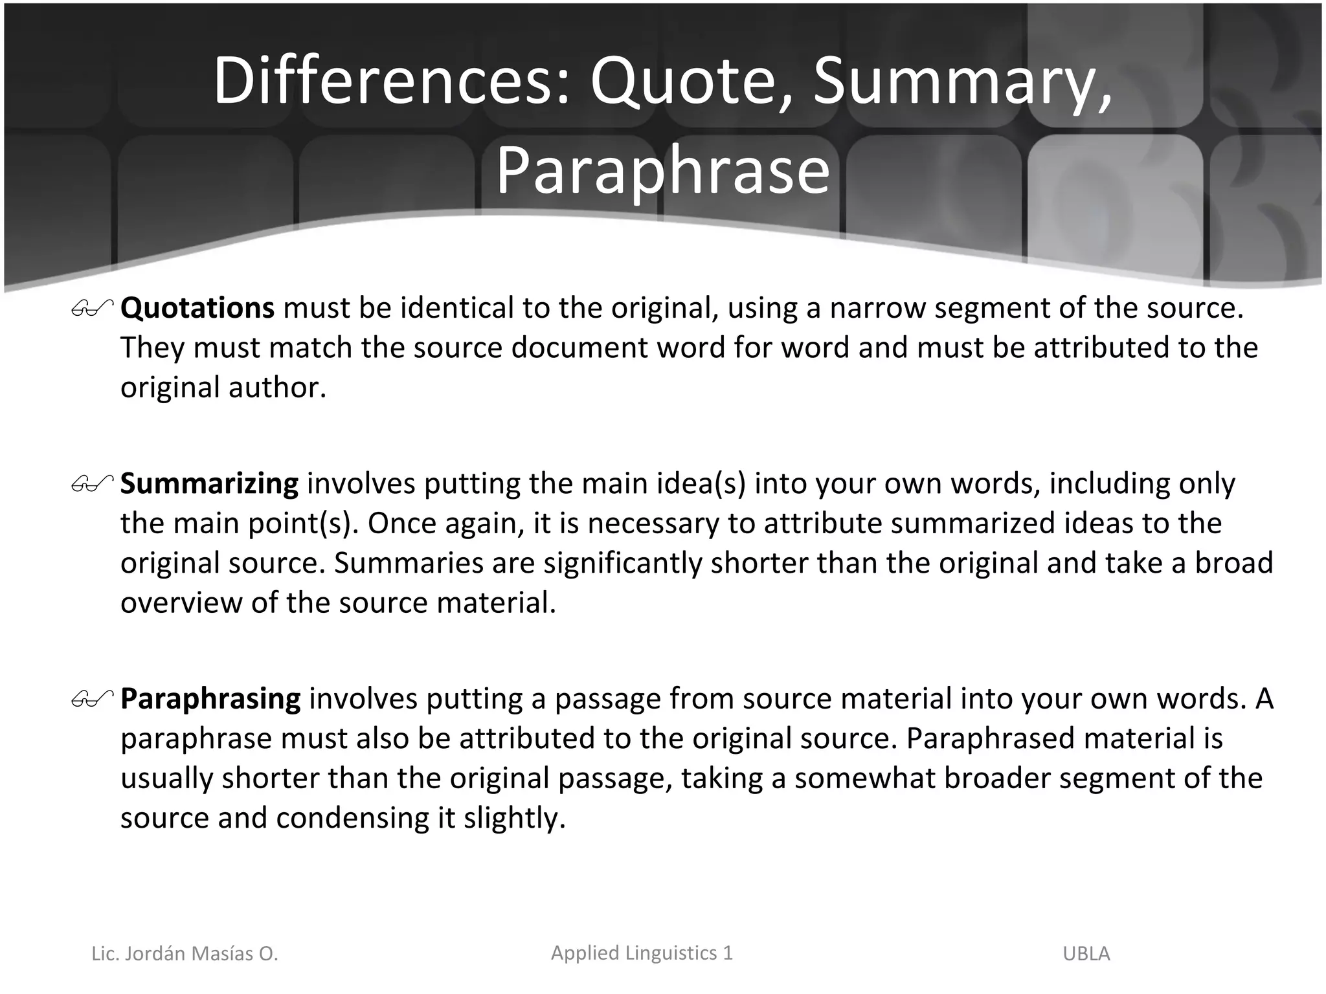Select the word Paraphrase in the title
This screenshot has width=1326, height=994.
point(662,171)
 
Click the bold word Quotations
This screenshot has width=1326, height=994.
point(197,307)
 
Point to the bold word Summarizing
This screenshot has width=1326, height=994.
point(209,483)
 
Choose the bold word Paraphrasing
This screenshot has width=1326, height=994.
point(210,699)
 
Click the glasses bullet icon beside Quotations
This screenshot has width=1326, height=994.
point(93,309)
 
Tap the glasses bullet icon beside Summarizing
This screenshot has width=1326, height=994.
point(93,484)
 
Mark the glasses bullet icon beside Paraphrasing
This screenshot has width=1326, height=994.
point(93,699)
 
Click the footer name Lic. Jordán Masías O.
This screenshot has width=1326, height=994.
point(185,953)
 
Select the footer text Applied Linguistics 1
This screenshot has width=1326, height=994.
point(642,953)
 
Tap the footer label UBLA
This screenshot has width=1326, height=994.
point(1086,953)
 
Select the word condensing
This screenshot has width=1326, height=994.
point(353,818)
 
